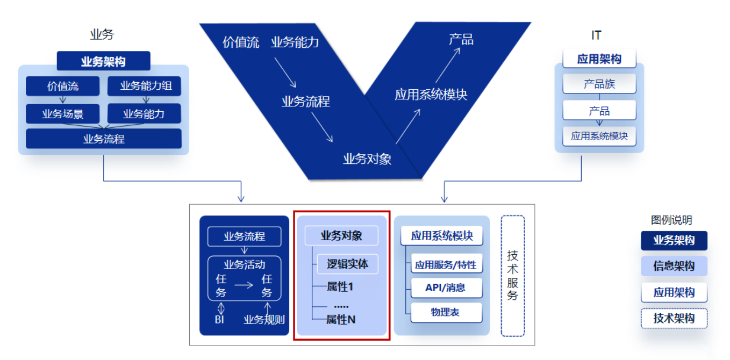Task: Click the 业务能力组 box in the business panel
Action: [144, 86]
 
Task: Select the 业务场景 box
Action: [62, 114]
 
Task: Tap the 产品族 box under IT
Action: [599, 84]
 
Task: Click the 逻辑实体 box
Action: [347, 264]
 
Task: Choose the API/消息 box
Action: [446, 288]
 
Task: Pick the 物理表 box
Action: [446, 312]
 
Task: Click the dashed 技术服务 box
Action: [512, 276]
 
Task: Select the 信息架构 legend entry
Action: [674, 267]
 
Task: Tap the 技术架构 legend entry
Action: [674, 319]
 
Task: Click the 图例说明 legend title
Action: [671, 220]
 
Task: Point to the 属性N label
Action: [341, 320]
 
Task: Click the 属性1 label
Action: [340, 287]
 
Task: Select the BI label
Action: [219, 320]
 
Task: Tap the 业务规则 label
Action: [263, 320]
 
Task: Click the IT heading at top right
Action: [596, 35]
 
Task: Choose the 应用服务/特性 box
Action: [446, 265]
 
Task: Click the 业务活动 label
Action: [244, 264]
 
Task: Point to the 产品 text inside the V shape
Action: [461, 40]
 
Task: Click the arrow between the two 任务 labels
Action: [244, 285]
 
